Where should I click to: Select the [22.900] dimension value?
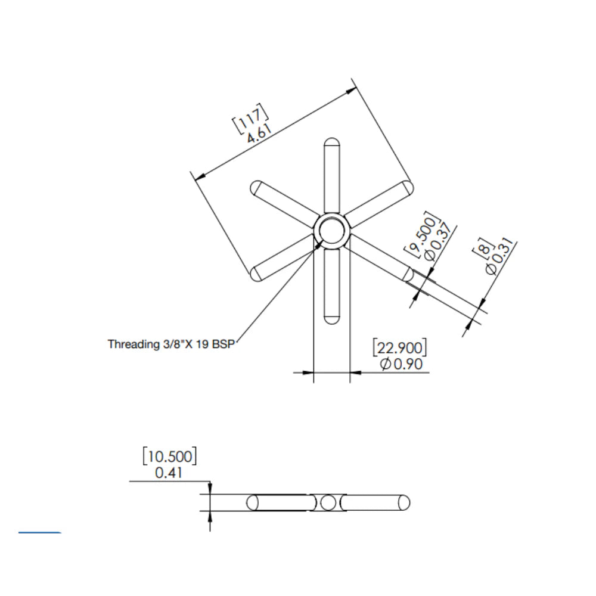399,347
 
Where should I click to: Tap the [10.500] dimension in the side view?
169,457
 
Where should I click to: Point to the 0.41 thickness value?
168,473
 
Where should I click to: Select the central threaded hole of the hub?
331,231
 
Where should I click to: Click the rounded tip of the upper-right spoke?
408,187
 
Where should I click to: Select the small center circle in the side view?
328,503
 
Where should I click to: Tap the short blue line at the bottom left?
39,532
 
